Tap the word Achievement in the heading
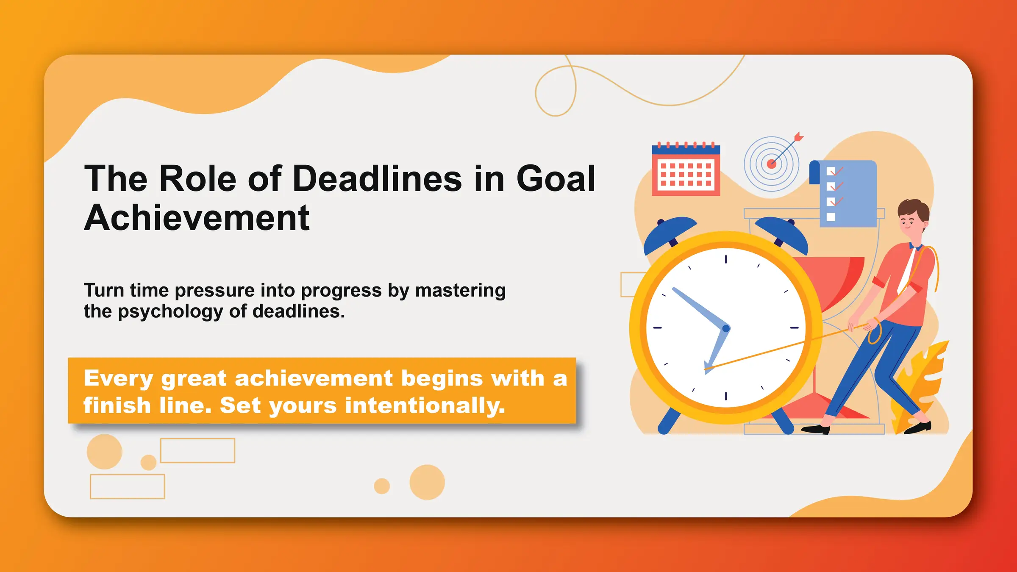coord(197,218)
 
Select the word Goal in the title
coord(556,179)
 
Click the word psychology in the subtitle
coord(170,312)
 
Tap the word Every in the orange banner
coord(118,378)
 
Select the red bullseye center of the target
coord(772,164)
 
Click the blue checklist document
coord(847,193)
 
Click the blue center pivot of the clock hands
coord(726,328)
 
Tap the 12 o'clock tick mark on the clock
coord(726,259)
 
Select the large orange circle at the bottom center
coord(427,482)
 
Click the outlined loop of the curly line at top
coord(556,92)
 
